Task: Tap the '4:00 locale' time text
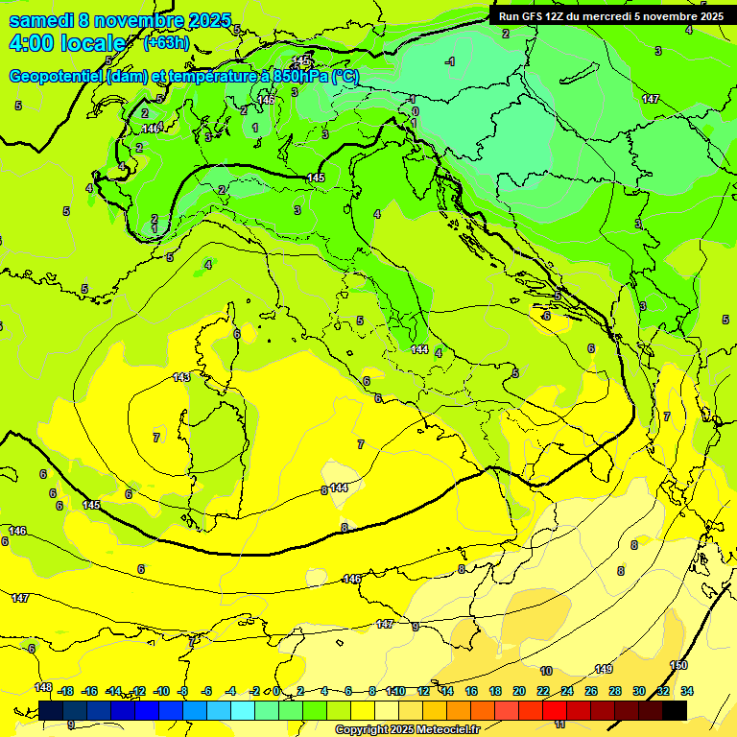67,43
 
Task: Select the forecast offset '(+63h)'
166,43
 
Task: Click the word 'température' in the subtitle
216,77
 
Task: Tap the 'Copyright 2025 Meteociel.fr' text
406,729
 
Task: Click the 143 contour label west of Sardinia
181,377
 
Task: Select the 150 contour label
678,665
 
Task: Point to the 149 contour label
604,669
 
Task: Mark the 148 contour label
43,687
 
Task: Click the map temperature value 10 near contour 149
546,671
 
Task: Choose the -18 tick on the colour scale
65,691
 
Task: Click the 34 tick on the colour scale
687,691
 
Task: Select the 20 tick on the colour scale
519,691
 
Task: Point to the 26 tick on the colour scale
591,691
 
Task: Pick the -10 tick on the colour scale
161,691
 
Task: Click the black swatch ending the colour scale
675,710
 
